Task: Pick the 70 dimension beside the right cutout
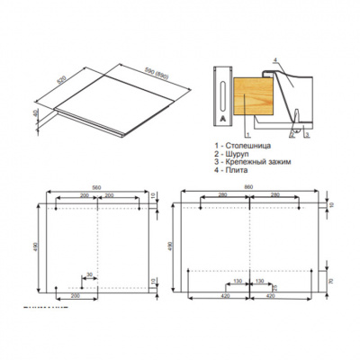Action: [x=331, y=283]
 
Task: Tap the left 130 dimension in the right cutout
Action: [x=236, y=281]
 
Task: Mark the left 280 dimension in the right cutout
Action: [x=221, y=196]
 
